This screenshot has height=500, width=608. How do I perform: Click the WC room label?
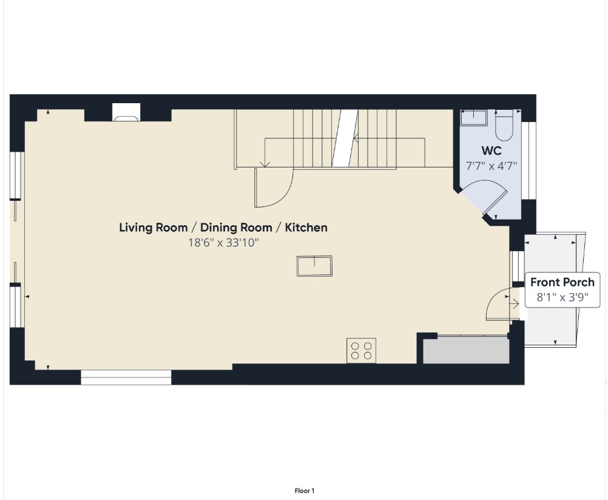[491, 150]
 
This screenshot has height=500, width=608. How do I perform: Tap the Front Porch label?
[562, 282]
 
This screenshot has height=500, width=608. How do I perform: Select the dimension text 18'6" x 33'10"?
[223, 243]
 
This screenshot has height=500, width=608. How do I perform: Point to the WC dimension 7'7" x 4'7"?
[491, 166]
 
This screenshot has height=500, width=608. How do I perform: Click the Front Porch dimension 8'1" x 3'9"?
[562, 297]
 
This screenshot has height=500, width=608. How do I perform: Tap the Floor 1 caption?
[305, 491]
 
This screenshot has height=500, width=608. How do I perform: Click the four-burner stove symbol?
[362, 351]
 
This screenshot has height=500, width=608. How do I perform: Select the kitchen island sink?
[314, 266]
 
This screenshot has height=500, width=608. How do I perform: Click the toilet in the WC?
[504, 125]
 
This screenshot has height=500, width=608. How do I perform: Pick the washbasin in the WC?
[473, 118]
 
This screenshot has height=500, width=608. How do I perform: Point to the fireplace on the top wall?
[126, 112]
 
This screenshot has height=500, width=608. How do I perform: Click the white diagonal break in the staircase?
[345, 138]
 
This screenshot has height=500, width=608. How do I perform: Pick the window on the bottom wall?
[126, 377]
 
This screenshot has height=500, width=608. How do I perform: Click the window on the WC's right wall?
[529, 161]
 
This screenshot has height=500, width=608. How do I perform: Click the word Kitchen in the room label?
[306, 228]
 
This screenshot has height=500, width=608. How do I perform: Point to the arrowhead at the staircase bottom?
[265, 165]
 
